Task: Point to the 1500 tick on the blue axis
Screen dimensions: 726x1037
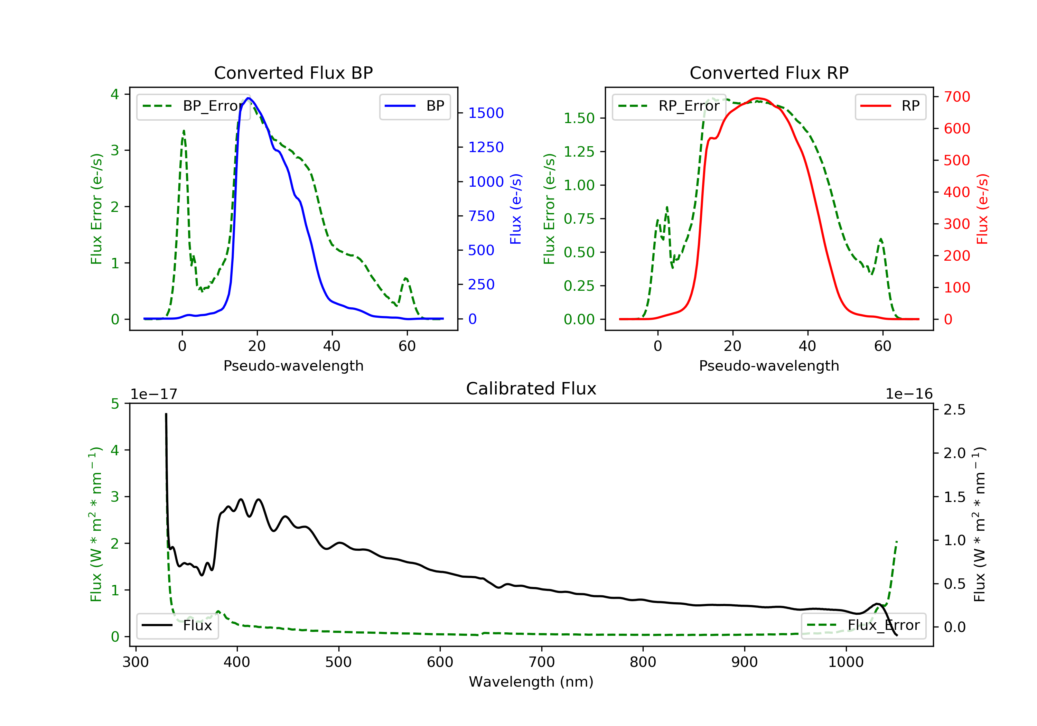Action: (x=486, y=113)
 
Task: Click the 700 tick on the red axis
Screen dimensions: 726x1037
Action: (x=956, y=97)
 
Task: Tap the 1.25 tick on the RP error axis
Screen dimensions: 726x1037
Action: (x=579, y=152)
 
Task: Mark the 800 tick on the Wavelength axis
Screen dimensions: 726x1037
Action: (x=643, y=662)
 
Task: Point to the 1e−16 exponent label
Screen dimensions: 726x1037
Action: (x=909, y=394)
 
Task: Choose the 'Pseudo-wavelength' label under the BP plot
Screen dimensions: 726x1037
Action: (x=293, y=366)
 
